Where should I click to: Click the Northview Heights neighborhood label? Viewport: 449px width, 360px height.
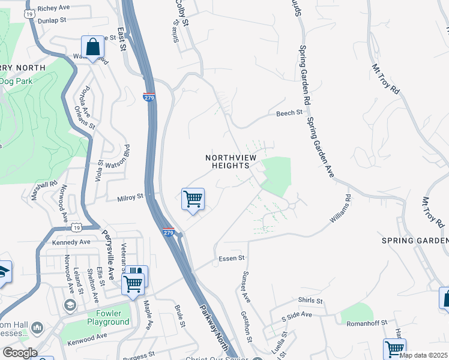227,161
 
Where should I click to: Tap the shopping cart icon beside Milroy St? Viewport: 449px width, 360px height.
193,199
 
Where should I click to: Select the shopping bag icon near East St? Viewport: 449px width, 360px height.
93,47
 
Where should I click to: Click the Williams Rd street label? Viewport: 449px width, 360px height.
340,209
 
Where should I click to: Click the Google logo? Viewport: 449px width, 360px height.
20,353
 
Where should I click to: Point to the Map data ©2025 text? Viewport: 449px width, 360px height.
423,355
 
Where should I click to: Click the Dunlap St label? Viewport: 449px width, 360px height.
51,20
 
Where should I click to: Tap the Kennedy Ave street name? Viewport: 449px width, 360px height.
71,242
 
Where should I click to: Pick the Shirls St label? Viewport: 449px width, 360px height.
310,300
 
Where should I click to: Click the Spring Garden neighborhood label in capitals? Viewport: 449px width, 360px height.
415,240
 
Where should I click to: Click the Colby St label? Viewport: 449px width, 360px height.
182,13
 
